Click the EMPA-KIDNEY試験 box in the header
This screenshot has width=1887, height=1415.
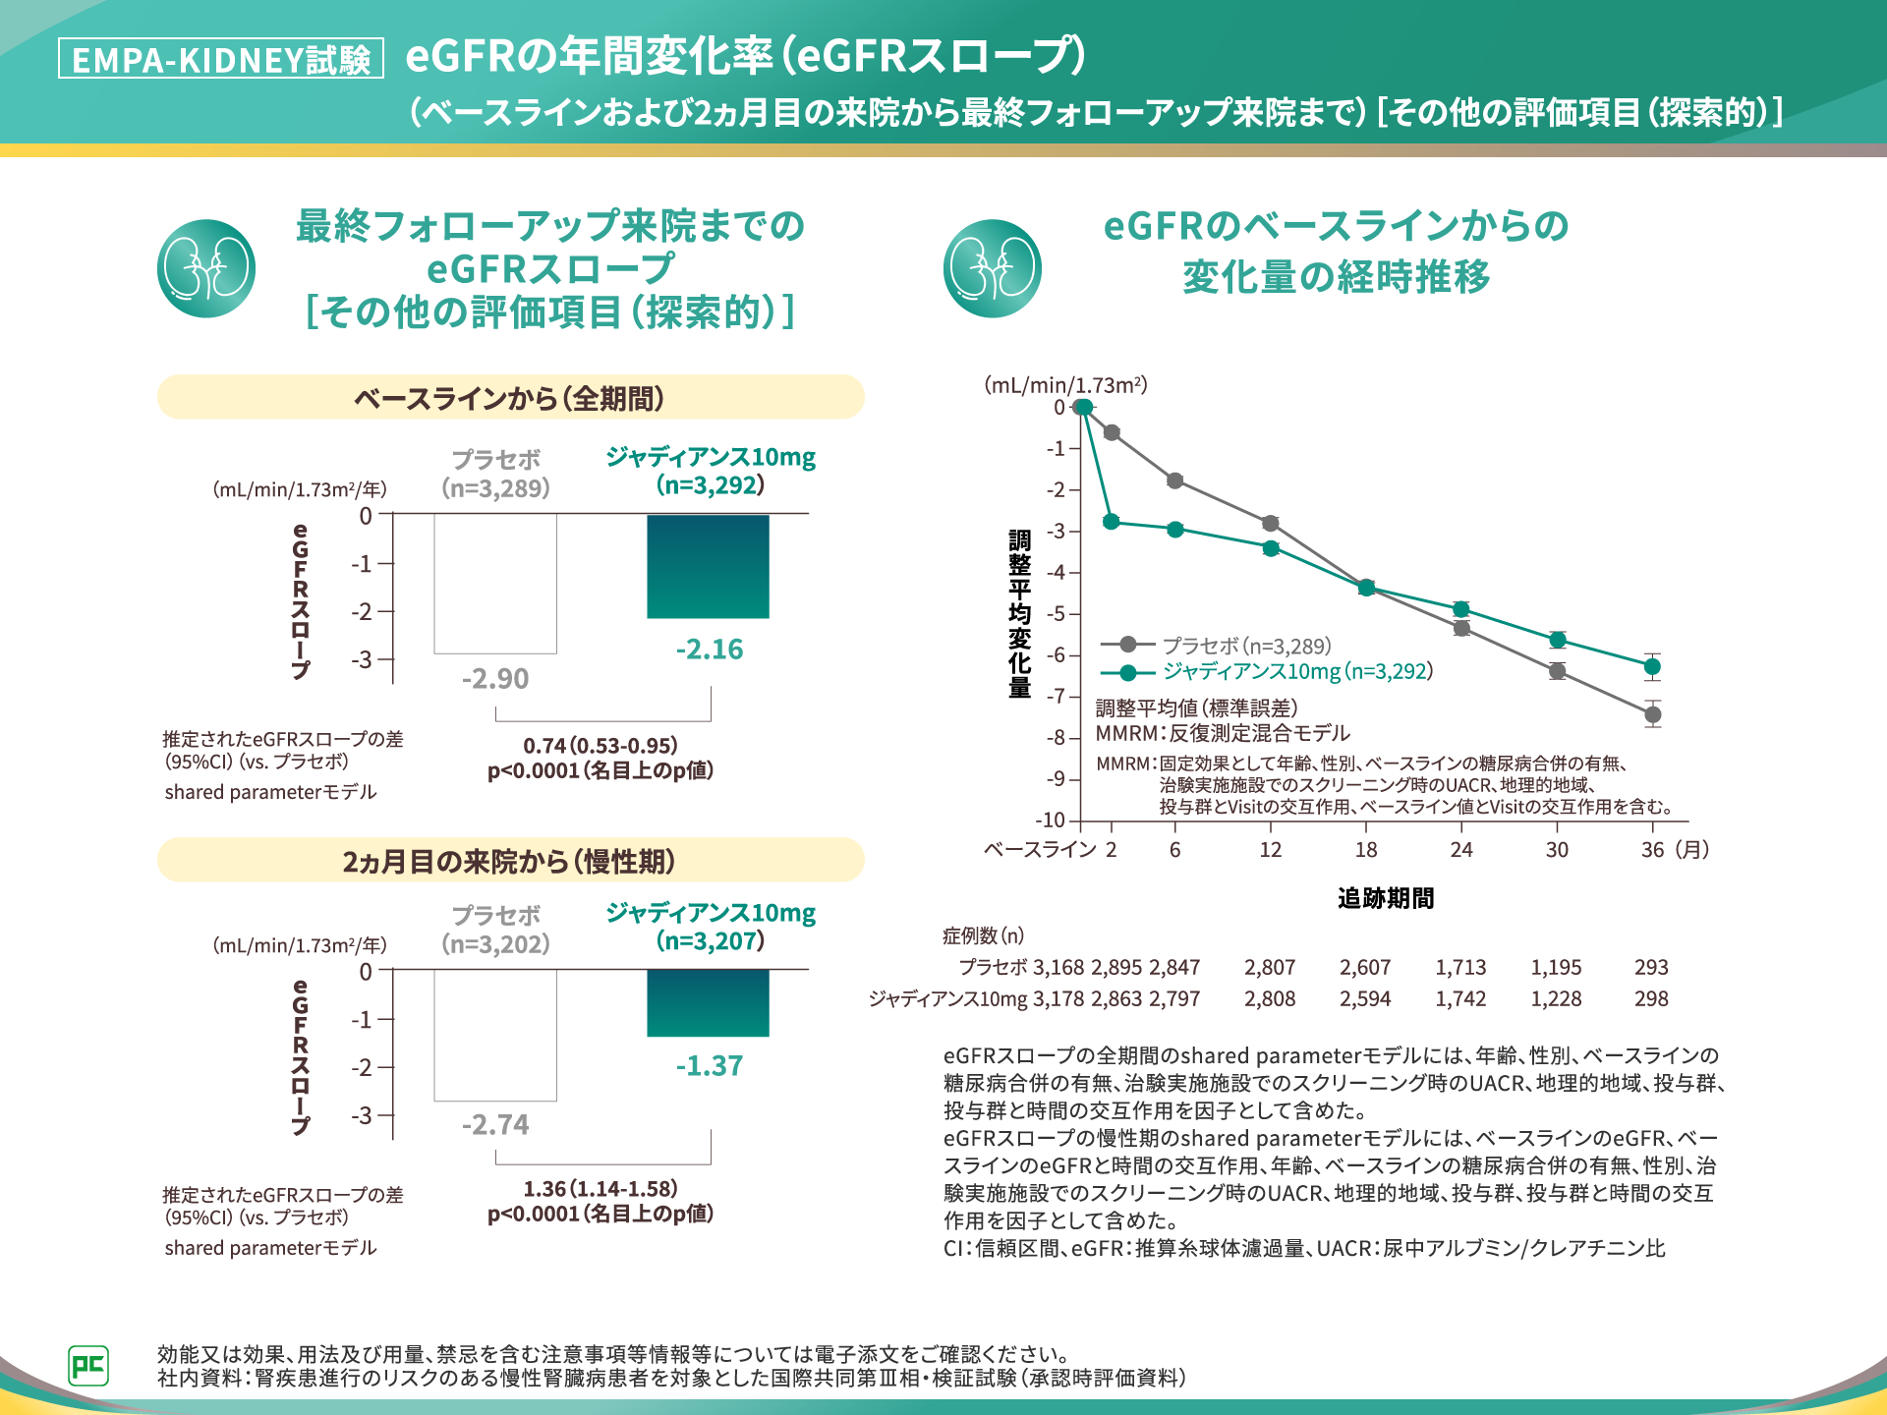221,59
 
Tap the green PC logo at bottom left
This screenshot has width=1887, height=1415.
88,1365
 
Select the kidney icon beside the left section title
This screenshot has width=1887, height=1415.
206,268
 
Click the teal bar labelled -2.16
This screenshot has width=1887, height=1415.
708,566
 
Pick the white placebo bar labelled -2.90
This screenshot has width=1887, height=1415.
495,584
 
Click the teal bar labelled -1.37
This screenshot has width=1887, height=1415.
708,1002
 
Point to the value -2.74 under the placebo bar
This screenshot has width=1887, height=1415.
495,1124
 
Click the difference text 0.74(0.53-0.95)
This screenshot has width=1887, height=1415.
600,746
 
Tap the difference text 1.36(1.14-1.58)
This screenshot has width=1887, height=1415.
600,1189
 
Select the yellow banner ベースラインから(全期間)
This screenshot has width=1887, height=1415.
510,398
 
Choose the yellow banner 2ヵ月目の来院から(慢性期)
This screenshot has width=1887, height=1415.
510,861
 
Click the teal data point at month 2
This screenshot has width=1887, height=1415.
1111,521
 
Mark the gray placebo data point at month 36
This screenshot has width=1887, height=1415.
1653,714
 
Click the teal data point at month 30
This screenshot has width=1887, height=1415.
1557,640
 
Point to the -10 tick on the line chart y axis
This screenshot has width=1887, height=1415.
1051,820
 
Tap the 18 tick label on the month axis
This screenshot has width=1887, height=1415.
1366,850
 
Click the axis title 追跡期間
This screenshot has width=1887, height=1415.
1386,898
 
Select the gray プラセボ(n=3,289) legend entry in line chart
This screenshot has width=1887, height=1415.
1245,646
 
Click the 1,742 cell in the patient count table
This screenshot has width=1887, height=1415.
1460,999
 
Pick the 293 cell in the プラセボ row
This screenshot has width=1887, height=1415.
1651,968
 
